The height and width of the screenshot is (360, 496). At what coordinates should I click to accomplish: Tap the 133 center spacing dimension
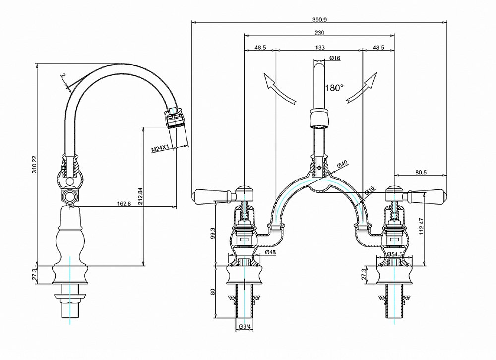coord(320,47)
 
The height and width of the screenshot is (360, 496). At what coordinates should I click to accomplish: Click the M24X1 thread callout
coord(161,148)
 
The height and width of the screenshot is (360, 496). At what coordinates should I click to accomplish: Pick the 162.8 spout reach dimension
coord(124,203)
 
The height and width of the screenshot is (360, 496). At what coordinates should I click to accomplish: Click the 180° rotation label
coord(334,88)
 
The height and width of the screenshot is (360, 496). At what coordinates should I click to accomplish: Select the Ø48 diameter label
coord(270,252)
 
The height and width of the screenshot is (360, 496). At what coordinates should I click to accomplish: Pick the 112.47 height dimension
coord(422,226)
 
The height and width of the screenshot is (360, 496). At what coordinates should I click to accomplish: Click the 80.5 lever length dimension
coord(421,173)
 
